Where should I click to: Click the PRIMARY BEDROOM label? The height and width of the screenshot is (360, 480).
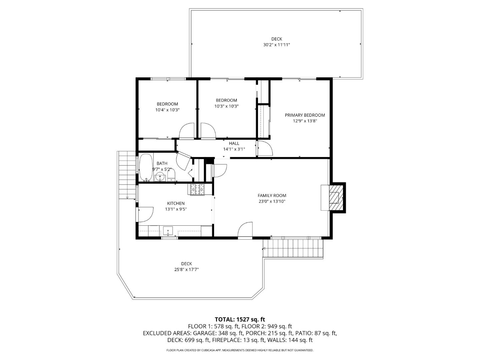pos(305,115)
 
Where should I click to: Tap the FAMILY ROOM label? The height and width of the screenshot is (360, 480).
pos(272,195)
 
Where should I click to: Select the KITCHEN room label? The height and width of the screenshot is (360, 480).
pos(176,203)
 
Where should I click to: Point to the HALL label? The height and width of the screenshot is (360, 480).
pos(234,143)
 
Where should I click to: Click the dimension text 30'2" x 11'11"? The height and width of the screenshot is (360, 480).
pos(276,45)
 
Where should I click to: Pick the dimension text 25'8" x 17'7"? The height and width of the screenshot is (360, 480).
pos(187,269)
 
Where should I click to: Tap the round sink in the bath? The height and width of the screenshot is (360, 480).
pos(160,177)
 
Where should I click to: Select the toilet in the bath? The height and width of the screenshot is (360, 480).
pos(171,175)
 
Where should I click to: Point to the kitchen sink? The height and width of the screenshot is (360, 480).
pos(168,230)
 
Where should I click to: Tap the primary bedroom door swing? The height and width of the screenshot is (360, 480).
pos(265,148)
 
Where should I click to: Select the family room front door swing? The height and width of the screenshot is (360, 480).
pos(245,230)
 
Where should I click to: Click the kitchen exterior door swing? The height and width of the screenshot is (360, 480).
pos(145,214)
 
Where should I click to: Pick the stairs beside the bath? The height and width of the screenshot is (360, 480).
pos(127,175)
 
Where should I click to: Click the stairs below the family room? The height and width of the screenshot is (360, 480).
pos(293,248)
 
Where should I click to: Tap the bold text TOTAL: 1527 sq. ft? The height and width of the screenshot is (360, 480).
pos(240,320)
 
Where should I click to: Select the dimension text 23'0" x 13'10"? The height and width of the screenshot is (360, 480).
pos(272,201)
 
